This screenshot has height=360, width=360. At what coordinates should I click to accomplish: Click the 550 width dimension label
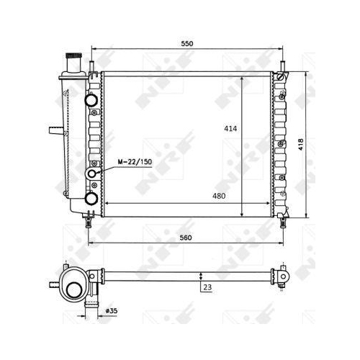(187, 44)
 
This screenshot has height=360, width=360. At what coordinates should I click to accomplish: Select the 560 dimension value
(186, 238)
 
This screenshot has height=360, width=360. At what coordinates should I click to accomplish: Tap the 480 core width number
(219, 196)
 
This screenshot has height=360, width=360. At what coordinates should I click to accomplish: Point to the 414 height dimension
(230, 129)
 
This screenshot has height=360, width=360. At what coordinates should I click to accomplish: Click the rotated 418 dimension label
(301, 145)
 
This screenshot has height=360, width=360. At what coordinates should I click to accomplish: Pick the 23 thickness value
(207, 287)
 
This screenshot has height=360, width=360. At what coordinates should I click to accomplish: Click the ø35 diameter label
(112, 311)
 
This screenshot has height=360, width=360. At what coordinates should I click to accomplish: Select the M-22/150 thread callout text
(135, 162)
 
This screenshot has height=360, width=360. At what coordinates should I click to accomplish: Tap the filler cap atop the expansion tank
(73, 55)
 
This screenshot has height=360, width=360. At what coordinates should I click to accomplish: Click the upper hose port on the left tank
(91, 100)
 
